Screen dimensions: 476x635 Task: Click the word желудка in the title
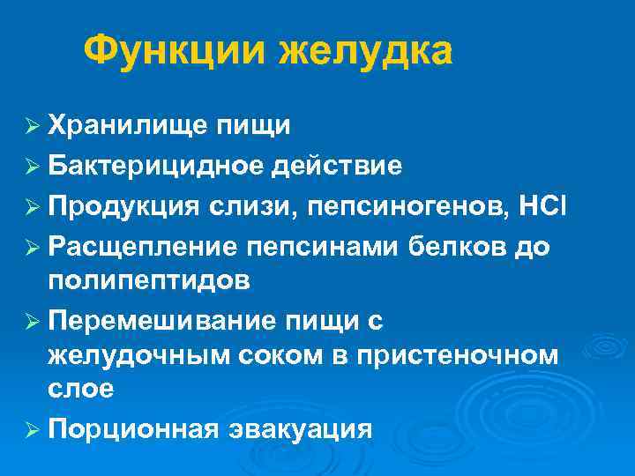[366, 51]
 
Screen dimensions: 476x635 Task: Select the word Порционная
[134, 429]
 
